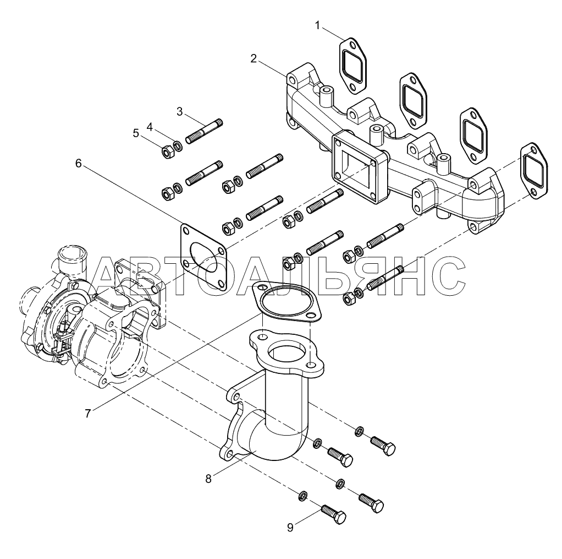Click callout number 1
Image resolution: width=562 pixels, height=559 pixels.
click(317, 25)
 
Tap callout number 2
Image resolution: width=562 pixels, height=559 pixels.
click(254, 58)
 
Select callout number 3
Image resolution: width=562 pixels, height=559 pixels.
click(180, 112)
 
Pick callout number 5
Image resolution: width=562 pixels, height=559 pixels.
click(135, 134)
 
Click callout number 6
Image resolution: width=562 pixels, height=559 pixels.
click(79, 164)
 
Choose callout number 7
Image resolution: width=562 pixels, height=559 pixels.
click(88, 414)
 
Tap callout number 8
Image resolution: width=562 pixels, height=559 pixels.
click(208, 479)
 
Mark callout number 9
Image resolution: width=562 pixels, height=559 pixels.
click(290, 528)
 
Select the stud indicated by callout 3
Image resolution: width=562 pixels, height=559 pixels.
click(205, 131)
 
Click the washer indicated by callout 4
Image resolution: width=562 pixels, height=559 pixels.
click(177, 146)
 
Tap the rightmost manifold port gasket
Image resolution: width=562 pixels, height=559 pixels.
click(534, 171)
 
